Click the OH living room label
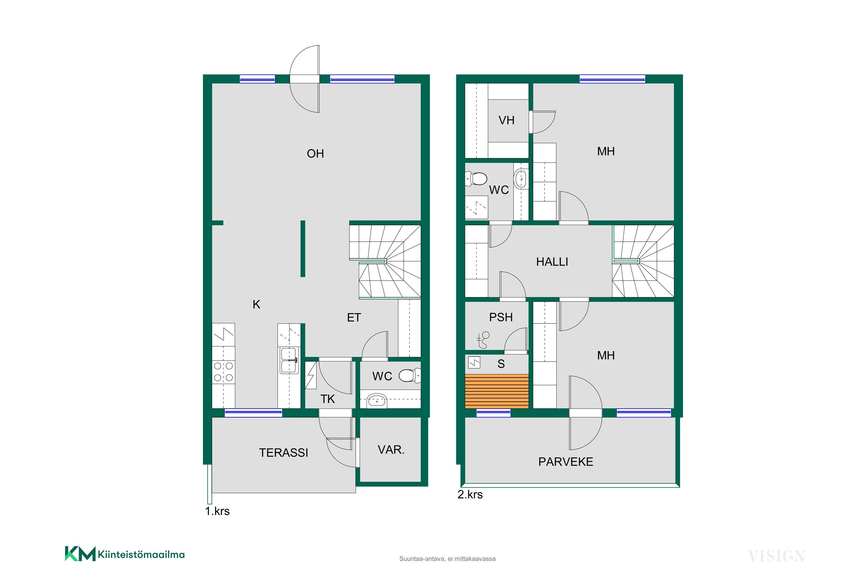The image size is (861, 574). pos(315,154)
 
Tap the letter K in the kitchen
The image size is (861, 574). pos(256,305)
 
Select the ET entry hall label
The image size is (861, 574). pos(354,318)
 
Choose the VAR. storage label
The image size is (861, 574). pos(391,450)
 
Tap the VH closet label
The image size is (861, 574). pos(506,121)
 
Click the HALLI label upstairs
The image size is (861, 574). pos(552,262)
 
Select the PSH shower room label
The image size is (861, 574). pos(501,317)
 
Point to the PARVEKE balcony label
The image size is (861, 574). pos(566,462)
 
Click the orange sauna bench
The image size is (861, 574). pos(497,391)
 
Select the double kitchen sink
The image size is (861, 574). pos(289,360)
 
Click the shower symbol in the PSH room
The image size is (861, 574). pos(483,340)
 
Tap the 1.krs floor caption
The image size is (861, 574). pos(218,511)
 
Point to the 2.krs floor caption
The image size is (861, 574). pos(470,495)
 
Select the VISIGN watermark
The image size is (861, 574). pos(776,556)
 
